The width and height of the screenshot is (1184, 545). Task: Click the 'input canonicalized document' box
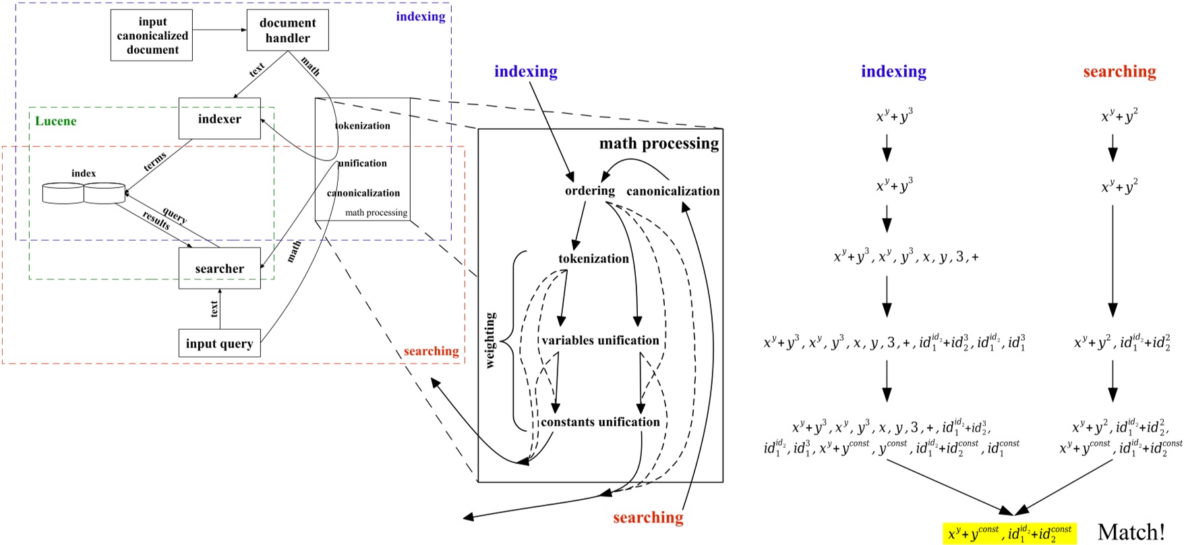(x=152, y=36)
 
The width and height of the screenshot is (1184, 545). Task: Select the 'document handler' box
(x=287, y=30)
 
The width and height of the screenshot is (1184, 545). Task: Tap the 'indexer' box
(x=219, y=119)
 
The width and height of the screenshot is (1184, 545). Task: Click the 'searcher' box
(x=219, y=268)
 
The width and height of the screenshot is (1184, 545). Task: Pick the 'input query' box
(x=219, y=343)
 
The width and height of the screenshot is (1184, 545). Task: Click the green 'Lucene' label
(x=56, y=121)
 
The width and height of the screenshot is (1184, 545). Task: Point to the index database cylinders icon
(x=84, y=192)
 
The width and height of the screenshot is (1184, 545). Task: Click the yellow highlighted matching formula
(x=1009, y=534)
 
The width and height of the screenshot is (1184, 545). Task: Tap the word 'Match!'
(x=1131, y=532)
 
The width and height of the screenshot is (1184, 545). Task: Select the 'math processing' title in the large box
(x=659, y=144)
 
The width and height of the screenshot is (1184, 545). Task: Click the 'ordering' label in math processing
(x=589, y=191)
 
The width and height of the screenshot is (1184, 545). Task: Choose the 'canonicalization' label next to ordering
(x=673, y=192)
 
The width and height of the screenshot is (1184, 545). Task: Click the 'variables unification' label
(x=600, y=341)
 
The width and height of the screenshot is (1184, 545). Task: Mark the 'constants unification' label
(x=600, y=422)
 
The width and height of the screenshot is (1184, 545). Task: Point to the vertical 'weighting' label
(x=490, y=340)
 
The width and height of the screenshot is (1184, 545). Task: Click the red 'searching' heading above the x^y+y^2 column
(x=1119, y=71)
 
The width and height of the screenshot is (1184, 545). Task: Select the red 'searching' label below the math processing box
(x=648, y=517)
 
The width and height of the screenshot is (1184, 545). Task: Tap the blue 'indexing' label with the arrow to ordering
(x=525, y=71)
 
